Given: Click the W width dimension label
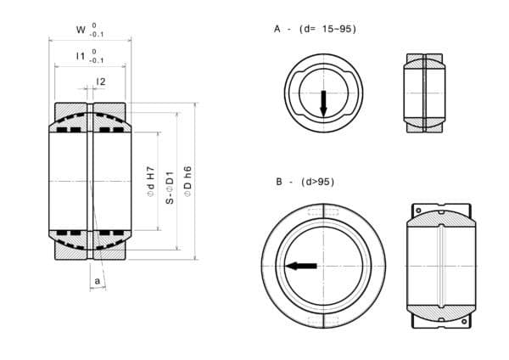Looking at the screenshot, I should pyautogui.click(x=81, y=30).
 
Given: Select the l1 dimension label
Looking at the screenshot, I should pyautogui.click(x=81, y=56).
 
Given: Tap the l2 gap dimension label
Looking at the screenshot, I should pyautogui.click(x=101, y=82).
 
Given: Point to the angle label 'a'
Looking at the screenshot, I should pyautogui.click(x=98, y=279).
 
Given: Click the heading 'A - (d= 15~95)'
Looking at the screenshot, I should pyautogui.click(x=315, y=29).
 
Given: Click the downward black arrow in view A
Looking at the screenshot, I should pyautogui.click(x=323, y=104).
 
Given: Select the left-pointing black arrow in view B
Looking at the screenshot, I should pyautogui.click(x=301, y=266).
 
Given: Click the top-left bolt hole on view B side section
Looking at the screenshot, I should pyautogui.click(x=418, y=209).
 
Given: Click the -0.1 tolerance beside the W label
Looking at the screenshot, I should pyautogui.click(x=98, y=35).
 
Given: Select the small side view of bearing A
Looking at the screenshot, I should pyautogui.click(x=423, y=93).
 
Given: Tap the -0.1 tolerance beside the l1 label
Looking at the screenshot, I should pyautogui.click(x=98, y=61).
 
